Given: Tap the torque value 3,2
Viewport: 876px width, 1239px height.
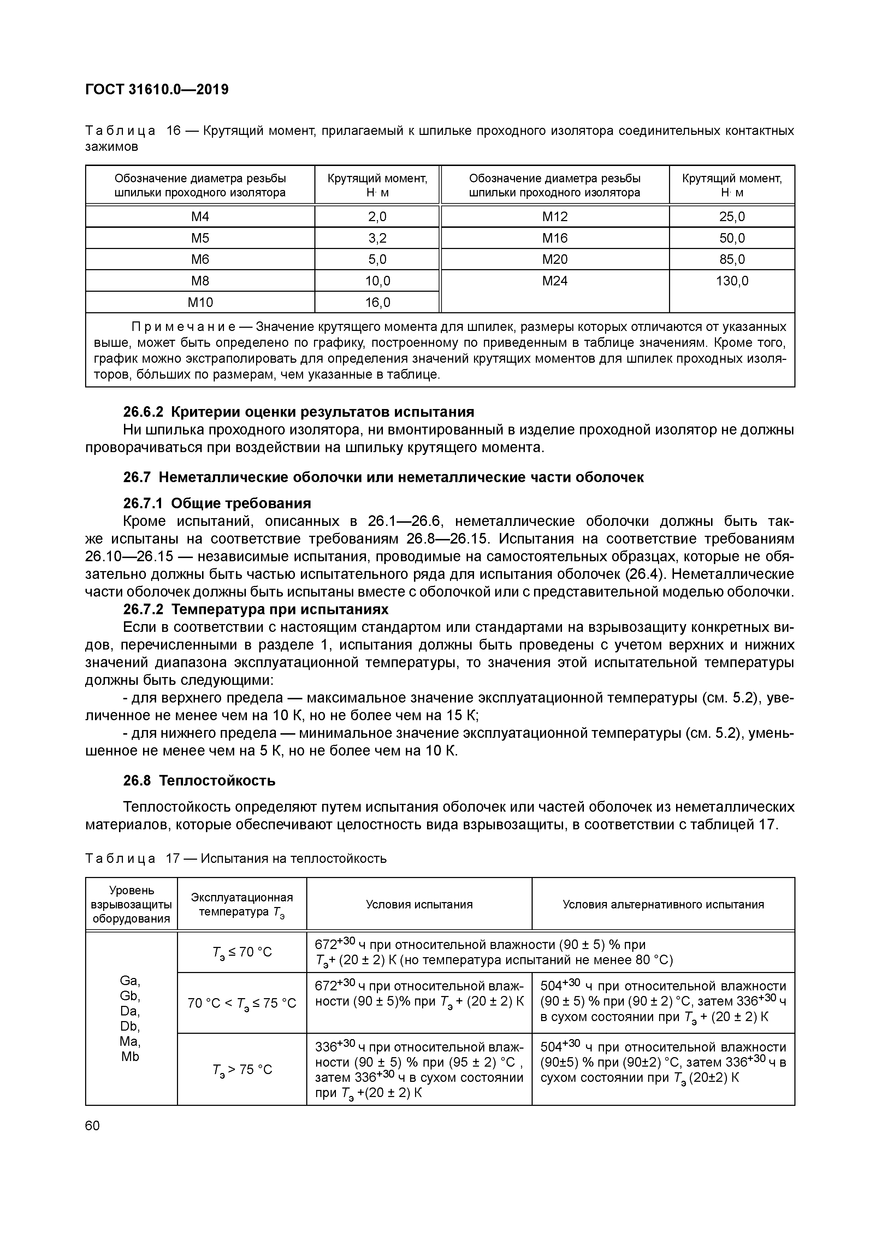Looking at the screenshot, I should (x=377, y=238).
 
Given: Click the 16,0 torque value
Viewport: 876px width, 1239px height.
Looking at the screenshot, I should (x=377, y=302).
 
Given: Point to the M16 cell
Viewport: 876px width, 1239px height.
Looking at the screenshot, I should (x=555, y=238).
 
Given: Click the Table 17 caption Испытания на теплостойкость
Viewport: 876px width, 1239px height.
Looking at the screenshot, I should (x=294, y=858).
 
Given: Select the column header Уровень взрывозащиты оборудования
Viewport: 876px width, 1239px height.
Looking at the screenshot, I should (x=131, y=905).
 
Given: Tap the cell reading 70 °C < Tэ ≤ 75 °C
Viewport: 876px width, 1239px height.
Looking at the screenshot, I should (x=242, y=1003).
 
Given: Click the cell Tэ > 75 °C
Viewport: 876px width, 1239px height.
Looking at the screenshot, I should (x=242, y=1069).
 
